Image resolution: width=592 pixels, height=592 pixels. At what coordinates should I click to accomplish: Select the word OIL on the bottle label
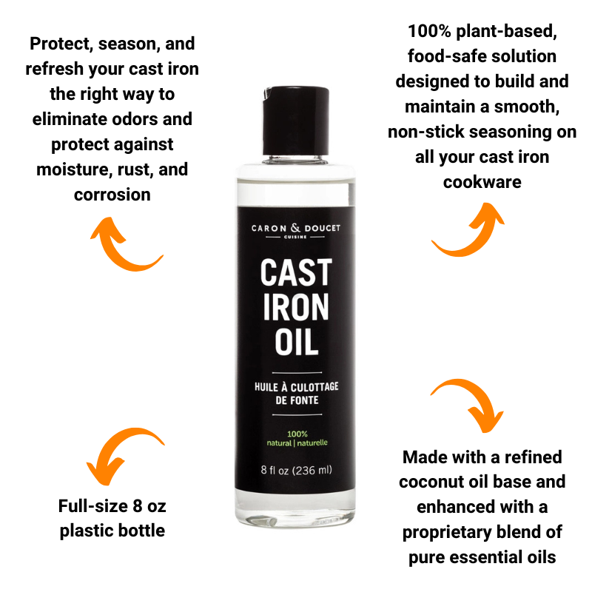pyautogui.click(x=296, y=342)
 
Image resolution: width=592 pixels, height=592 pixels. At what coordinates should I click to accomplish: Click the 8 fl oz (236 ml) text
pyautogui.click(x=296, y=470)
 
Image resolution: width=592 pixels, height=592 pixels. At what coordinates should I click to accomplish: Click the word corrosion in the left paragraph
pyautogui.click(x=112, y=195)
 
